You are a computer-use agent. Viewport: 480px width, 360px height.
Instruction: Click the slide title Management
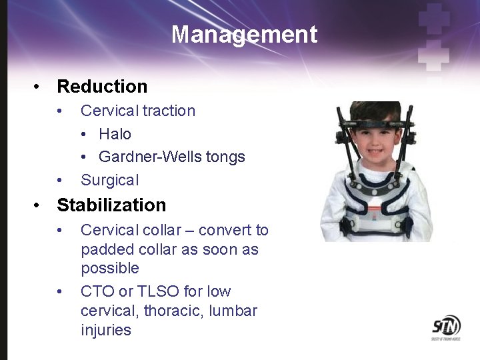pyautogui.click(x=244, y=34)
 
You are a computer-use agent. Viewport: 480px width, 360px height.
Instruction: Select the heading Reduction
pyautogui.click(x=102, y=86)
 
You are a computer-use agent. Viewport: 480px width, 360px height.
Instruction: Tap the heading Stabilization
pyautogui.click(x=111, y=205)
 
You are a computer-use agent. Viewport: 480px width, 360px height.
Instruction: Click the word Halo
pyautogui.click(x=115, y=134)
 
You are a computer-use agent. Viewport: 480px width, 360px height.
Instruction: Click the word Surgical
pyautogui.click(x=110, y=180)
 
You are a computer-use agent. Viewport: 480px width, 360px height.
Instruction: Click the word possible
pyautogui.click(x=110, y=269)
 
